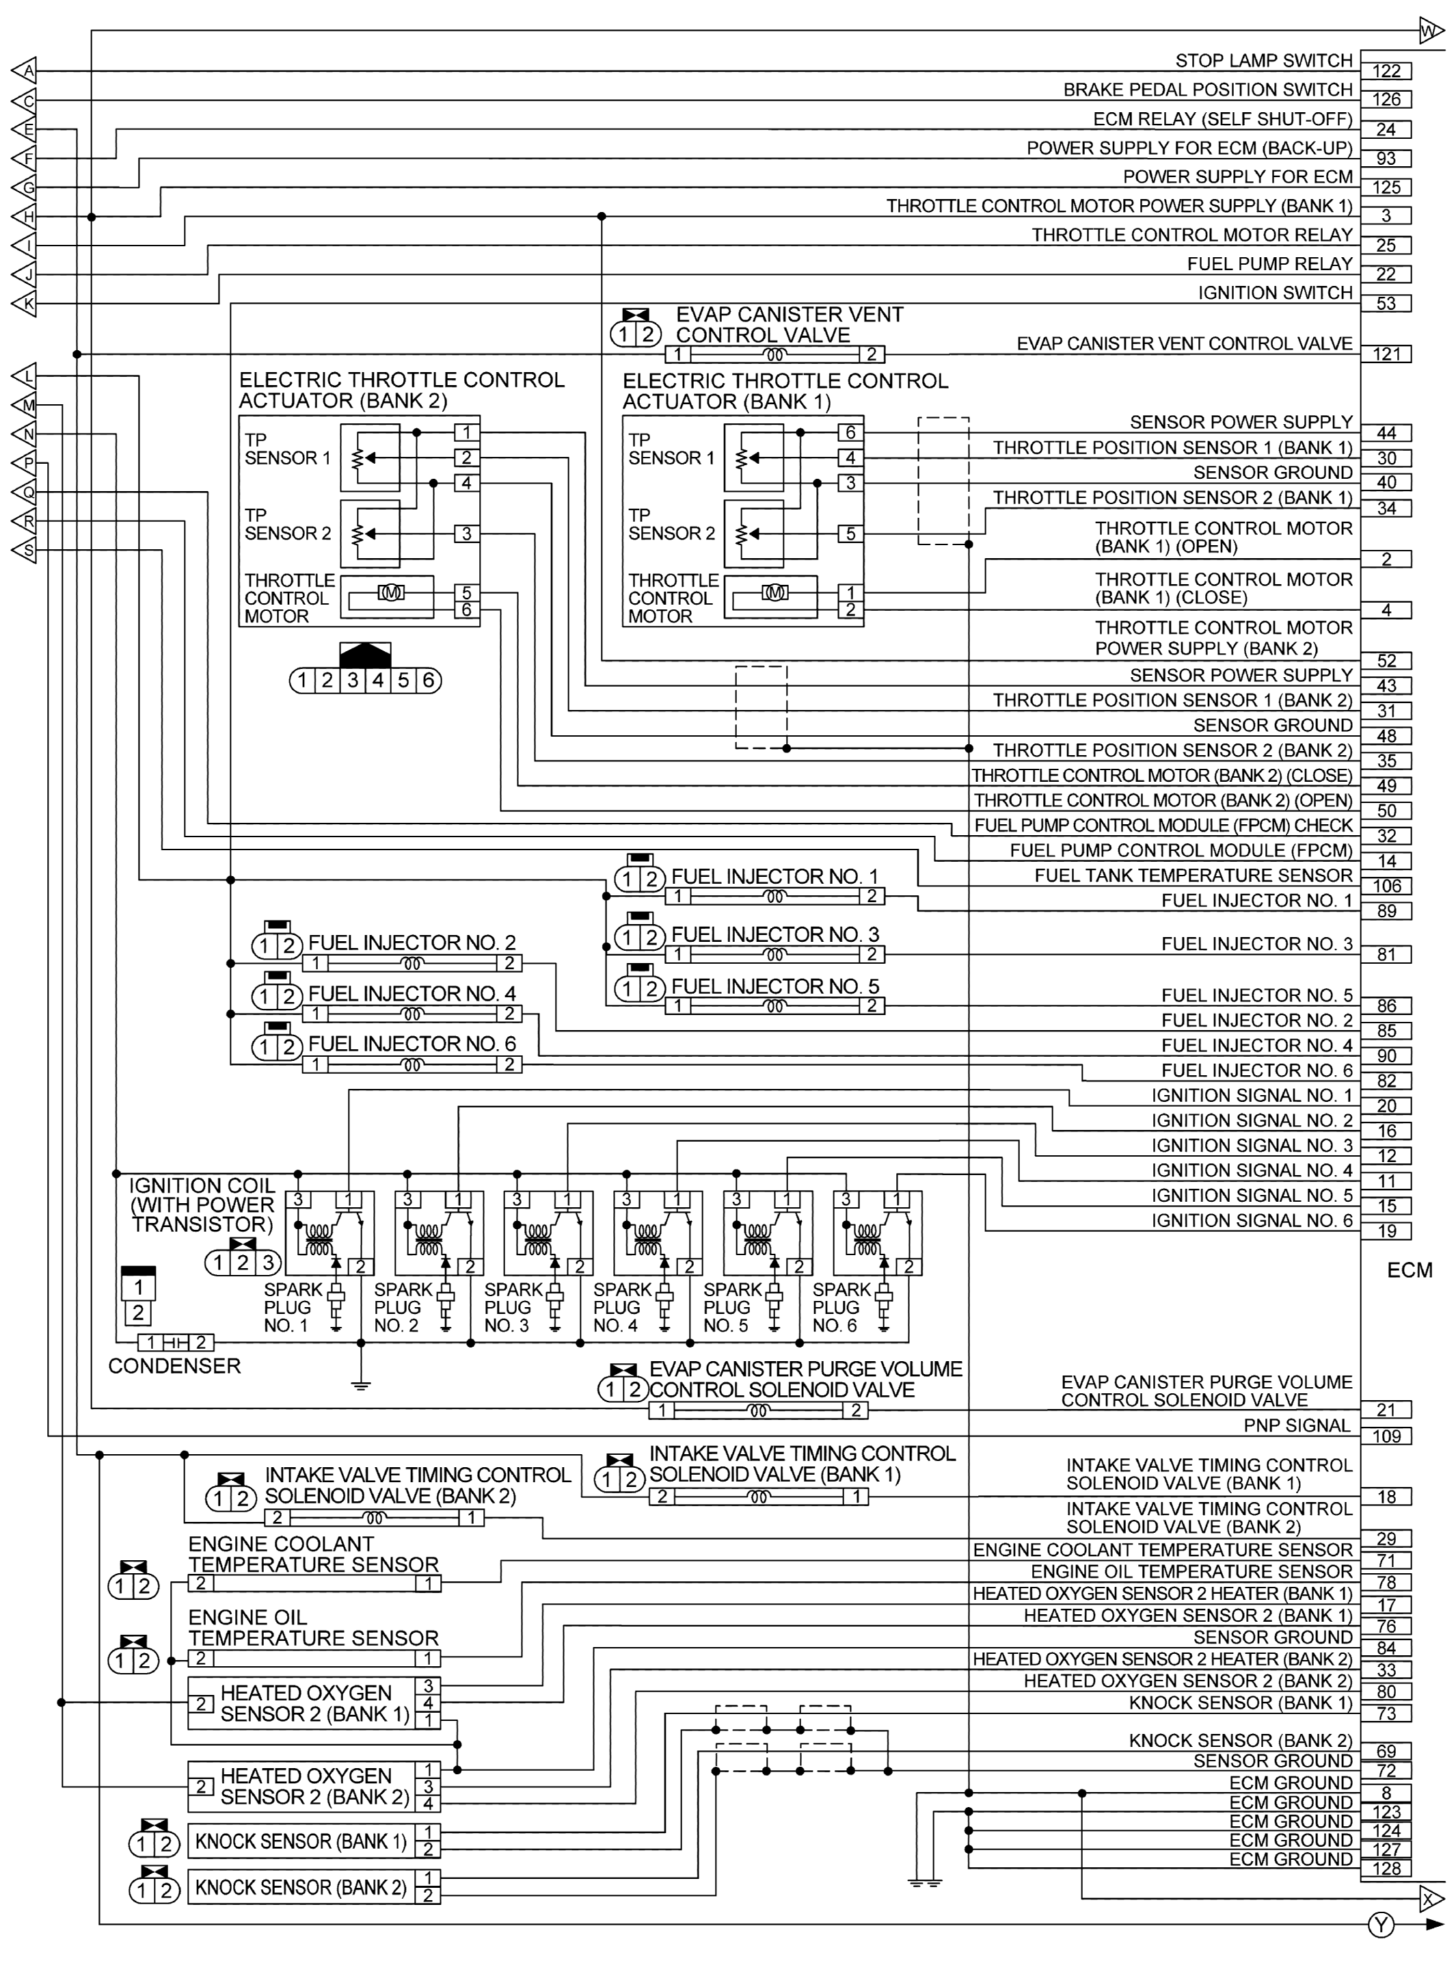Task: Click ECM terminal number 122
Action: [x=1386, y=71]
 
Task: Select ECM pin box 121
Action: [x=1386, y=354]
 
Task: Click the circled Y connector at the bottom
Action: [x=1381, y=1926]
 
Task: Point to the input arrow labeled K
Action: [x=25, y=304]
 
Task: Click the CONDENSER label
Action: [x=174, y=1366]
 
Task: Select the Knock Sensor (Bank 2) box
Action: [x=301, y=1888]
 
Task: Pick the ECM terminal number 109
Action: [x=1386, y=1436]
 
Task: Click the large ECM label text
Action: [x=1410, y=1270]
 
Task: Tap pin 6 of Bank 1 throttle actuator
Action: [x=850, y=433]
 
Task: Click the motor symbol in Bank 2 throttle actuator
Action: [x=390, y=592]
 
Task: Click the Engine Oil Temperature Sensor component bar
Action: [x=314, y=1659]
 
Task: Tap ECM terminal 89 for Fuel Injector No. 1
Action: [x=1386, y=912]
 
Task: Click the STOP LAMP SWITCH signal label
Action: [x=1263, y=61]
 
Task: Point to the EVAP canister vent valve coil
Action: [x=774, y=355]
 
